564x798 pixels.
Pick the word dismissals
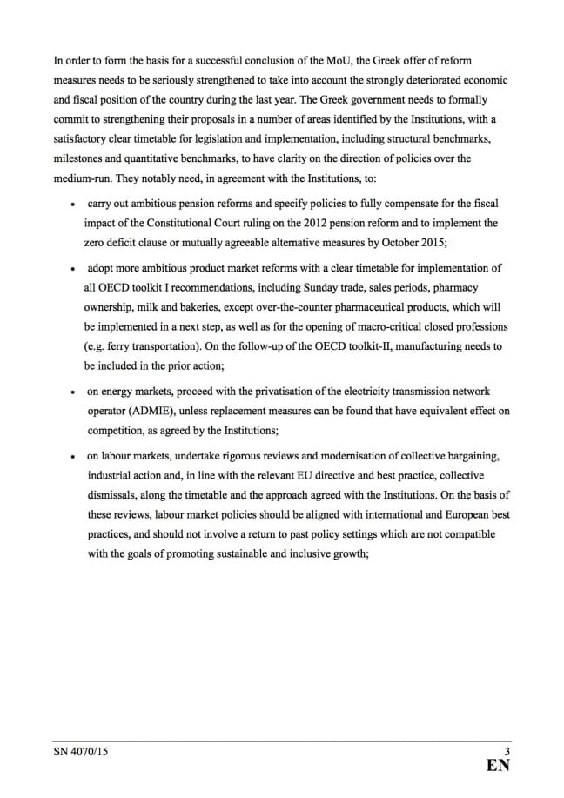tap(112, 495)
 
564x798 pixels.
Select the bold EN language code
tap(498, 767)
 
